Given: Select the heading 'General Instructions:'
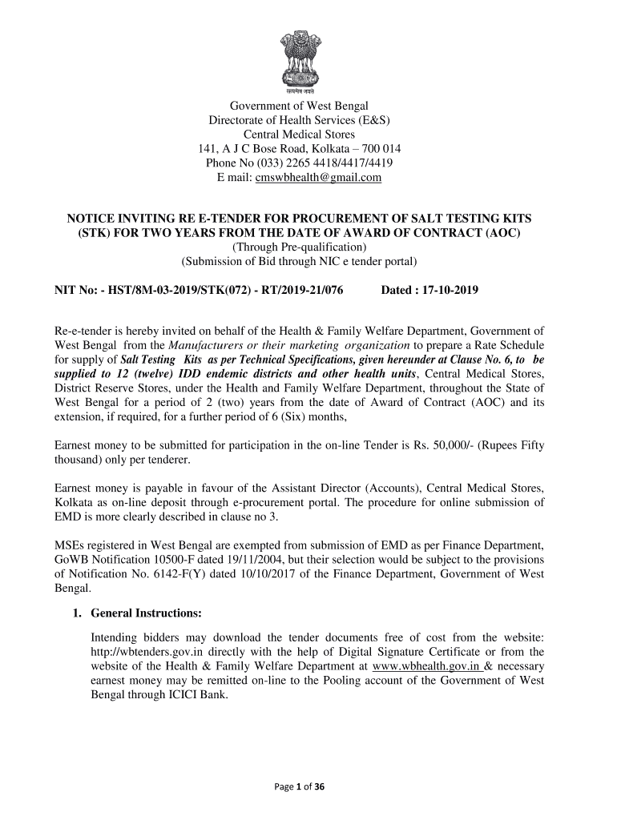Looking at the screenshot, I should pyautogui.click(x=146, y=613).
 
